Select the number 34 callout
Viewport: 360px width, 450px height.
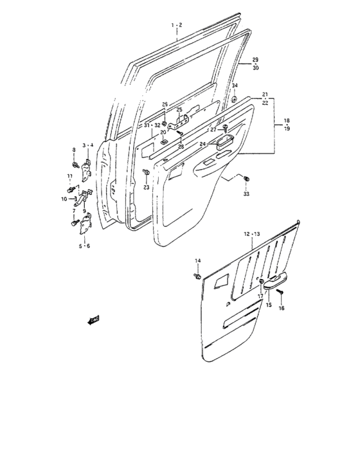coord(235,85)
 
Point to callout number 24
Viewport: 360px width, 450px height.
coord(202,144)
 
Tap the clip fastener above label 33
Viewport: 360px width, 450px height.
coord(247,177)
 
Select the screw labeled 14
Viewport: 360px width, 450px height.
coord(195,275)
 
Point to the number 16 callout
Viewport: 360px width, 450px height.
coord(280,309)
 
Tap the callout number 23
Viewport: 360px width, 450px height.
coord(146,187)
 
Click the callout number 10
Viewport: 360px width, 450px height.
coord(64,199)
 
